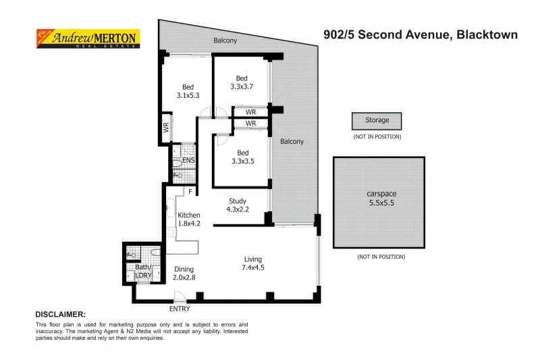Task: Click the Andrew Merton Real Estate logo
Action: (x=86, y=38)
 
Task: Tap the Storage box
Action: (x=377, y=120)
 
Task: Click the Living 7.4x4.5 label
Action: (x=253, y=263)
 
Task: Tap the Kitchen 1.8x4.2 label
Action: (x=189, y=219)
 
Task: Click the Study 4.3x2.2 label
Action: (x=237, y=205)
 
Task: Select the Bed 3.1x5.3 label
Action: (x=188, y=91)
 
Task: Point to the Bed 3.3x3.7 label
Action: (x=241, y=82)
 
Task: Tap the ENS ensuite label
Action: (x=188, y=161)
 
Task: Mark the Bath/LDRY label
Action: (x=142, y=270)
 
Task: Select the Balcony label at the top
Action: (x=225, y=41)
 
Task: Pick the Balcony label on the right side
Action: (x=292, y=142)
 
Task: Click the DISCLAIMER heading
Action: (x=60, y=315)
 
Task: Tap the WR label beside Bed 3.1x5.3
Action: (x=165, y=126)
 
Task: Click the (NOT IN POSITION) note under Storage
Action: (x=377, y=136)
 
